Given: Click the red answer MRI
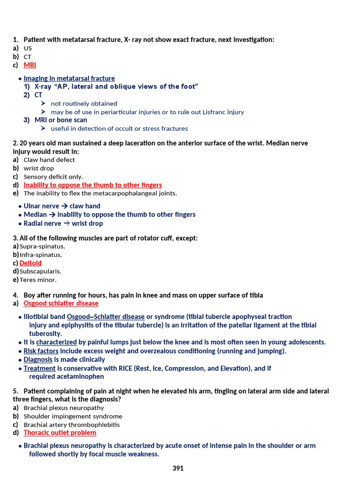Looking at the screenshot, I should click(x=30, y=65).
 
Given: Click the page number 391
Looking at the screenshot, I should click(x=178, y=468).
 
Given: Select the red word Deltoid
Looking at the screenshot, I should click(x=30, y=263).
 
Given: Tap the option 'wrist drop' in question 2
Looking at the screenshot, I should click(x=38, y=168).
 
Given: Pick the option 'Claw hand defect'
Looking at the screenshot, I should click(x=49, y=160).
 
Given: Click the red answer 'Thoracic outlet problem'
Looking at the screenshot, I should click(x=60, y=433).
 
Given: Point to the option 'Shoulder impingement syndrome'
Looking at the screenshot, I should click(x=73, y=416).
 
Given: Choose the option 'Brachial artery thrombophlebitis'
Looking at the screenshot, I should click(x=72, y=425).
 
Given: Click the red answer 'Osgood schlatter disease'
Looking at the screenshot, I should click(x=61, y=303).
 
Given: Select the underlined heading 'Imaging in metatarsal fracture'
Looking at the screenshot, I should click(x=69, y=78).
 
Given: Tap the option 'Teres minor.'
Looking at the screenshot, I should click(x=38, y=280).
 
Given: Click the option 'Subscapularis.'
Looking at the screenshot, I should click(x=40, y=271).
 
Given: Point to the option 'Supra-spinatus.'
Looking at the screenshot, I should click(x=42, y=246).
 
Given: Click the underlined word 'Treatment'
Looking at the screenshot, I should click(x=39, y=368).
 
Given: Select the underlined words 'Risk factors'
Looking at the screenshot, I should click(x=41, y=351).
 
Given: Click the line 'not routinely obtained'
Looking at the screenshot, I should click(x=84, y=104).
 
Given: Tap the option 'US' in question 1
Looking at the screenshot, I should click(x=28, y=48).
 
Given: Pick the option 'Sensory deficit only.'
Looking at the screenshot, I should click(x=53, y=177).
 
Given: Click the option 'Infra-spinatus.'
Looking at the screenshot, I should click(x=41, y=255).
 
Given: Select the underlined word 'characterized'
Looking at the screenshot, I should click(x=56, y=342).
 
